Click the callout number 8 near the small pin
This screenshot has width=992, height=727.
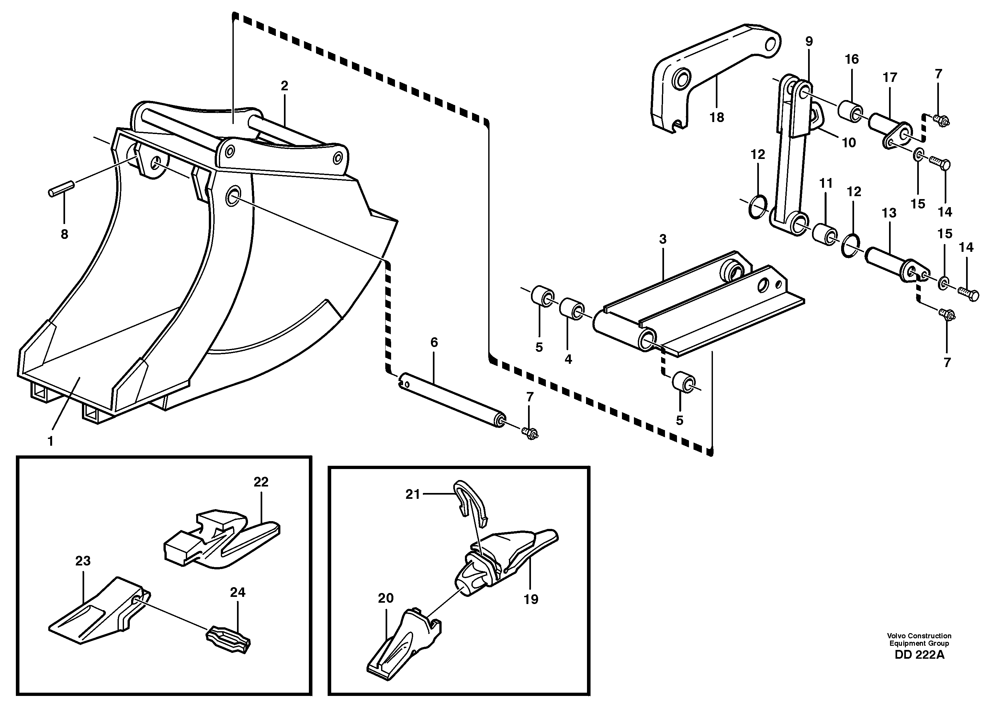(x=64, y=235)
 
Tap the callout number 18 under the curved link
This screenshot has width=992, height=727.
(x=716, y=117)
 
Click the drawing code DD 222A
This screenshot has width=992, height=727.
(x=919, y=667)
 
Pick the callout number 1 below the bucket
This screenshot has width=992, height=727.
(x=50, y=441)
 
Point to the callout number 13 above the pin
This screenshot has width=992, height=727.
(x=889, y=213)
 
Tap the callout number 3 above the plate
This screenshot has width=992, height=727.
(x=663, y=240)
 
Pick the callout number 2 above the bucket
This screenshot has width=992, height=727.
(x=284, y=86)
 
